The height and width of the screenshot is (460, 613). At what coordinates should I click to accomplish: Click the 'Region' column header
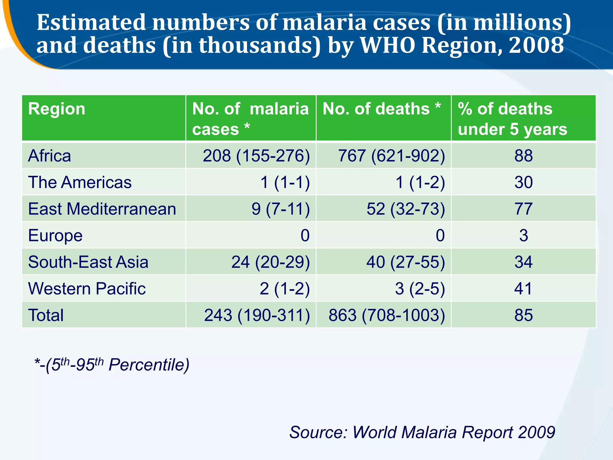click(x=57, y=109)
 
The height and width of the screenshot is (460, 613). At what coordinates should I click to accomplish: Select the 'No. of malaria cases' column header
click(x=250, y=119)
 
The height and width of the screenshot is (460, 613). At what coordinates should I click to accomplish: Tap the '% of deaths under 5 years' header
click(x=512, y=119)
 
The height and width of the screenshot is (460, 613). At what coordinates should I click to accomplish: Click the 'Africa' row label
click(x=50, y=156)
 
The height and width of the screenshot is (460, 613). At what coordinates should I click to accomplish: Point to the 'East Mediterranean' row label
click(x=102, y=209)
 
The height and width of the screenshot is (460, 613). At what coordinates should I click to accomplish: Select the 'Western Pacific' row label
click(x=87, y=288)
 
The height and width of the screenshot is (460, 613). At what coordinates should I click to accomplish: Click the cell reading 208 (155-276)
click(x=256, y=156)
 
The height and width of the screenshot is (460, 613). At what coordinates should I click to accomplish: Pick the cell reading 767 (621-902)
click(x=391, y=156)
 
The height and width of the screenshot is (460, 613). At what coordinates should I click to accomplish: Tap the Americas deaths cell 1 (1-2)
click(x=420, y=182)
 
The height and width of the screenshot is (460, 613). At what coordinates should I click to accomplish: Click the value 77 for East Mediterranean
click(x=524, y=209)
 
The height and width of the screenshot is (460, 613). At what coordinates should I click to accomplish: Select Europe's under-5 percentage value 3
click(x=524, y=235)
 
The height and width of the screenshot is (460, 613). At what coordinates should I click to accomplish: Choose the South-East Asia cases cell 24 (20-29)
click(x=270, y=262)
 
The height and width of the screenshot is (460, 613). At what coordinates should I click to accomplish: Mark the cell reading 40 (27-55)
click(x=406, y=262)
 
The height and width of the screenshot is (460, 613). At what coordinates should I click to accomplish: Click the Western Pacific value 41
click(x=524, y=288)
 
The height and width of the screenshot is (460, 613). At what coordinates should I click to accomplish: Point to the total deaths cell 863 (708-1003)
click(x=387, y=315)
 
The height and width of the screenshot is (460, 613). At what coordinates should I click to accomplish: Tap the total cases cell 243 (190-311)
click(x=257, y=315)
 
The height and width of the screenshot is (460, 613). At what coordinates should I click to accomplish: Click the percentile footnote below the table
click(x=112, y=364)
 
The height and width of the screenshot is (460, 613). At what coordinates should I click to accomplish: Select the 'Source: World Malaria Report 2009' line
click(x=422, y=432)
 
